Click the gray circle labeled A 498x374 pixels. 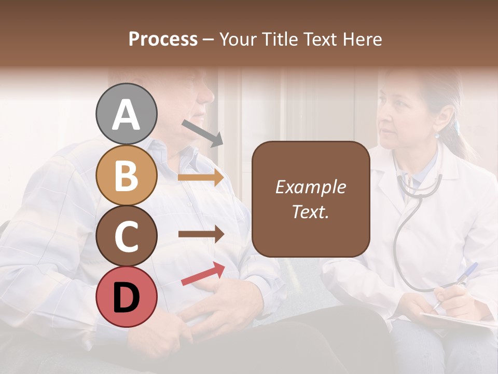click(126, 114)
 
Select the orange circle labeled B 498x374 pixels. click(126, 176)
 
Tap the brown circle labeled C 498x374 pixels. click(126, 236)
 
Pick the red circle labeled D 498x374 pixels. click(126, 297)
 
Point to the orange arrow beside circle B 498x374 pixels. click(201, 178)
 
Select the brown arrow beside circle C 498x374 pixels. click(201, 234)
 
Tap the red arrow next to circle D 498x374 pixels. click(203, 274)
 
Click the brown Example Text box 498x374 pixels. click(311, 199)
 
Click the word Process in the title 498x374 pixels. click(163, 39)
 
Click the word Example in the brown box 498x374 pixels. click(311, 187)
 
